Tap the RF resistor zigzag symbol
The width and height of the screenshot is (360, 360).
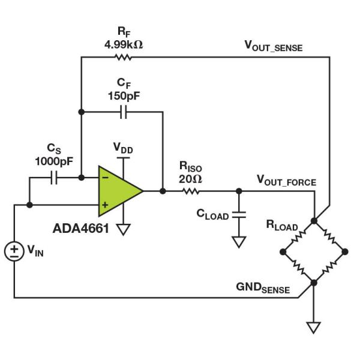point(122,57)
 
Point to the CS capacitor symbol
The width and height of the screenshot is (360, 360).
point(54,178)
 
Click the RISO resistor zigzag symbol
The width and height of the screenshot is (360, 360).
point(191,191)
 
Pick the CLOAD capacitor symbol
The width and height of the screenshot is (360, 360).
point(239,214)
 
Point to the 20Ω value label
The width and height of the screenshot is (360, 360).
point(191,178)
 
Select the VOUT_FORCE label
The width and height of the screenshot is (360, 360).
point(286,180)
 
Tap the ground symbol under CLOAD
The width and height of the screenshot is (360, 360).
point(239,241)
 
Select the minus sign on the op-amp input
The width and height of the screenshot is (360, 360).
point(106,178)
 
